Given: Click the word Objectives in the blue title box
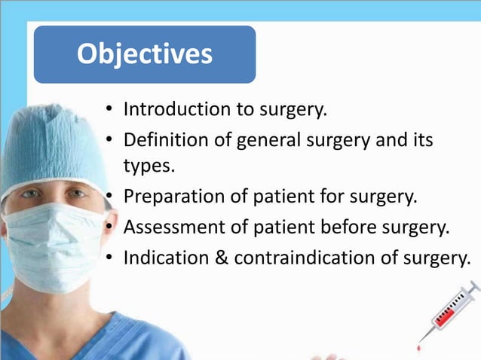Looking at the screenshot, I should [x=145, y=53].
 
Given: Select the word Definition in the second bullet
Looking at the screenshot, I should [x=161, y=140].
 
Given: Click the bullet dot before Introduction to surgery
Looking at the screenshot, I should [x=109, y=110].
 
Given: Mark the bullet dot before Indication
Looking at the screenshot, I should [x=109, y=258].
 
